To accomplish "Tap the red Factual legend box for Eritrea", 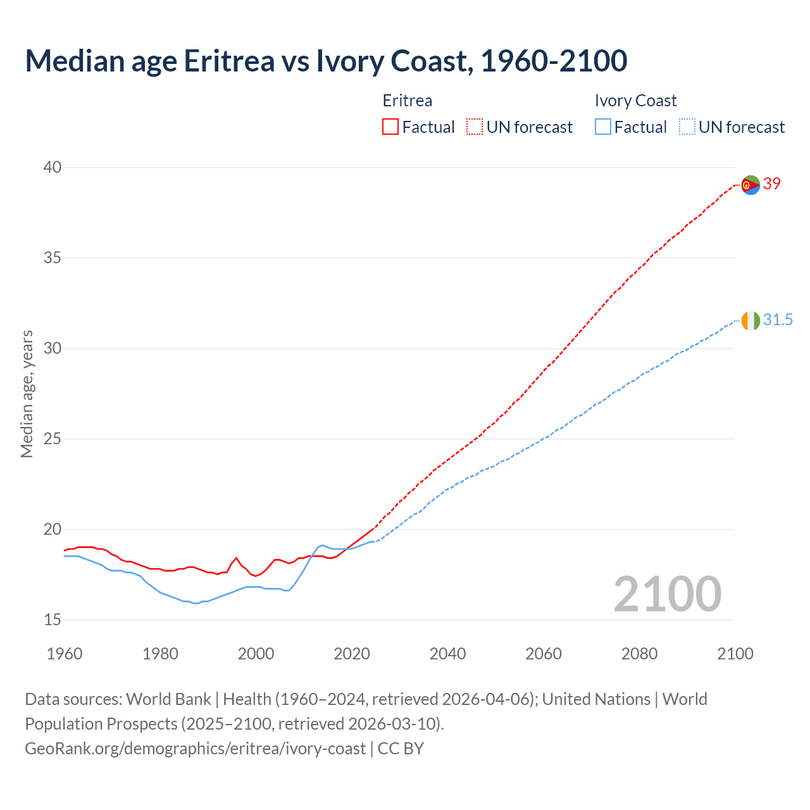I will (x=390, y=127).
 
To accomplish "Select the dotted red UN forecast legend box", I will (x=475, y=127).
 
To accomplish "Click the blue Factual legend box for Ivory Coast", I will (x=603, y=127).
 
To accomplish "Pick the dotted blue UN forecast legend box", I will (x=687, y=127).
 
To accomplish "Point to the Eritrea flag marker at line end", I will (x=751, y=185).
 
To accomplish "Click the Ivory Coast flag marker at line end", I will (x=751, y=321).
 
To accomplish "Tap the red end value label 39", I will (x=772, y=184).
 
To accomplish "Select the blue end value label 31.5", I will (x=778, y=320).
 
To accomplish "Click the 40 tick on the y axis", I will (x=53, y=168).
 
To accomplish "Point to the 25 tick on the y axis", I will (x=53, y=439).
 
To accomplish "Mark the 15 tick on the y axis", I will (x=53, y=620).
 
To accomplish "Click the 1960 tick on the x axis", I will (x=65, y=654).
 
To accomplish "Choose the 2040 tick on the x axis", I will (x=448, y=654).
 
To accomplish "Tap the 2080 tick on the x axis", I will (x=639, y=654).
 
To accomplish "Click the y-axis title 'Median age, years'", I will (x=27, y=394).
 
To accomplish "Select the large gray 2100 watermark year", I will (x=668, y=594).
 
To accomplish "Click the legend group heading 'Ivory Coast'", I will (x=635, y=101).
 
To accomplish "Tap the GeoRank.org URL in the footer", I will (x=195, y=749).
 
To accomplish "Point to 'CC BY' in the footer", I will (x=401, y=749).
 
